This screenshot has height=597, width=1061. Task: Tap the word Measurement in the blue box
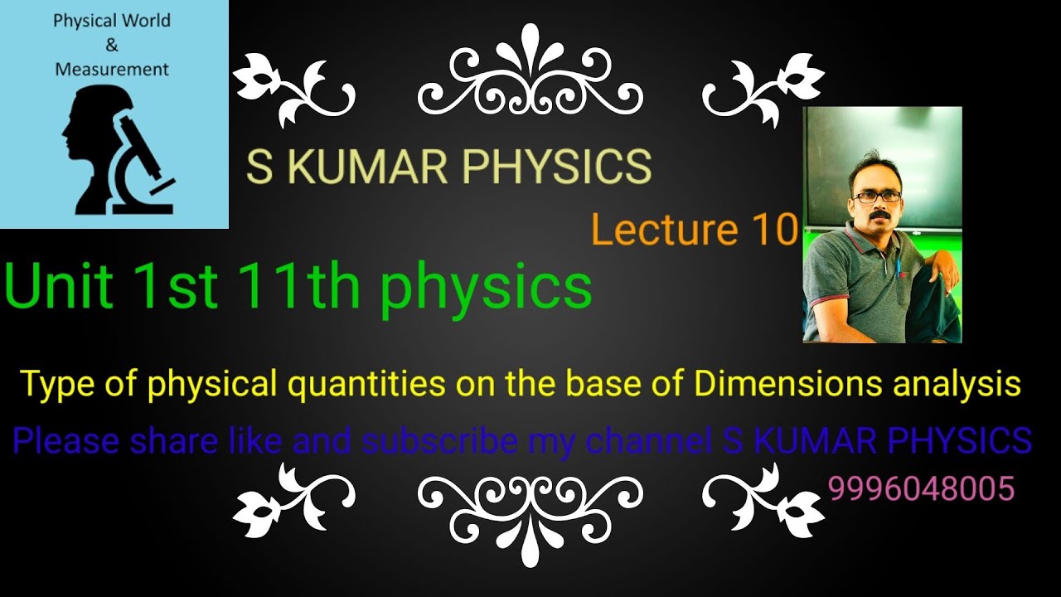[x=112, y=70]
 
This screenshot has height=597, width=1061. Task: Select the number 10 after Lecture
[x=775, y=231]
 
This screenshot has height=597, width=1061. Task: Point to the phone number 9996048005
[x=921, y=489]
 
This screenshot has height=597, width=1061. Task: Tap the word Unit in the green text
[x=59, y=287]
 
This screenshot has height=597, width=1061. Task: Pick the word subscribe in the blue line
[x=439, y=441]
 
